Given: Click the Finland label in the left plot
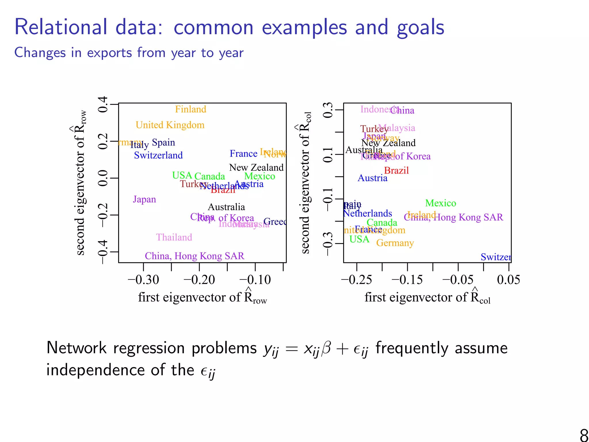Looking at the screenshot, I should [x=191, y=109].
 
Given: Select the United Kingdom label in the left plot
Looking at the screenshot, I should [x=170, y=125].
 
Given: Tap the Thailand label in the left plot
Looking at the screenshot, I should [x=174, y=237].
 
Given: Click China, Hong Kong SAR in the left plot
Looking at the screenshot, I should [x=194, y=256].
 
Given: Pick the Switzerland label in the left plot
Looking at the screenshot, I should [x=158, y=155].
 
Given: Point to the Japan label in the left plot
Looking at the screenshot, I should [x=144, y=199].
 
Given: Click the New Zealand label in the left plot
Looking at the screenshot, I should [x=256, y=167].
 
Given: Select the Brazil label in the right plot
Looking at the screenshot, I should [x=396, y=171].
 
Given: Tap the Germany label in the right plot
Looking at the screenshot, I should [x=395, y=243].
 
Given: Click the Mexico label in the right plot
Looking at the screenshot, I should [x=441, y=203].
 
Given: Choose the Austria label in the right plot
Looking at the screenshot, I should [x=372, y=178].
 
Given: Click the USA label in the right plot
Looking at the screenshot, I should [x=359, y=239].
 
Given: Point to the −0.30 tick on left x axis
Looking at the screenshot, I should [x=143, y=280].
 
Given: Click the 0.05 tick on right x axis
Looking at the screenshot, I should [x=508, y=280].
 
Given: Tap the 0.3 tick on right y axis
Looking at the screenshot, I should [x=328, y=110].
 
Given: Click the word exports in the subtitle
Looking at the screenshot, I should [x=110, y=53].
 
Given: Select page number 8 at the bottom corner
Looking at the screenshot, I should [x=584, y=435].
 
